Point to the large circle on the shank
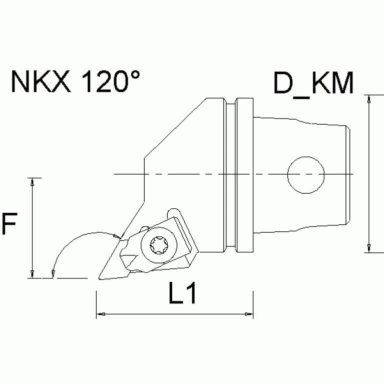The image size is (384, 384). click(x=306, y=174)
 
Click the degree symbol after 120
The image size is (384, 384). click(x=135, y=76)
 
